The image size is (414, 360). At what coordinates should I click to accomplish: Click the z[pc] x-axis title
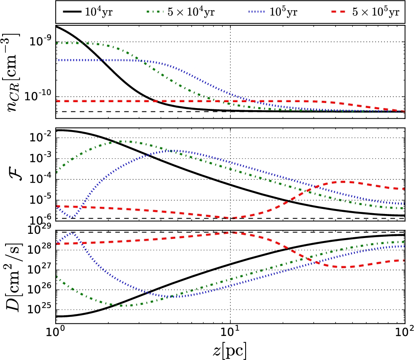coord(230,349)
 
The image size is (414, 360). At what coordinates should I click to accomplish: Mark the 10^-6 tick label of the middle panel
coord(41,218)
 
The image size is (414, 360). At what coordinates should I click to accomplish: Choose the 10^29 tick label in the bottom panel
coord(41,230)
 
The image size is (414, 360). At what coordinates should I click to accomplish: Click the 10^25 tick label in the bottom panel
coord(41,309)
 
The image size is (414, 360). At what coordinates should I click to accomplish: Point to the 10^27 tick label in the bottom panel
coord(41,270)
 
